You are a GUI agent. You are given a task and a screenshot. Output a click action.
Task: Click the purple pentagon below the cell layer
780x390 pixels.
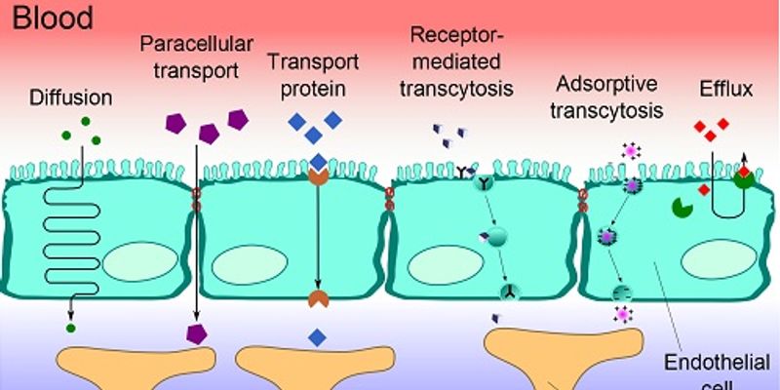pyautogui.click(x=198, y=334)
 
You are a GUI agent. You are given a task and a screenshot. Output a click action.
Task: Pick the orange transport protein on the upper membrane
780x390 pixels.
pyautogui.click(x=318, y=176)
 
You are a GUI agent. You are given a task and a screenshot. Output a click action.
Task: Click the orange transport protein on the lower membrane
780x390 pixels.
pyautogui.click(x=318, y=298)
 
